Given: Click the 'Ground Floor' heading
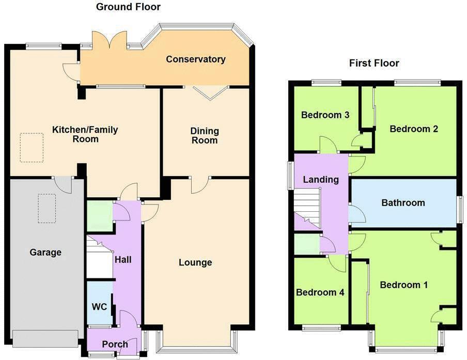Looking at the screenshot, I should [128, 7].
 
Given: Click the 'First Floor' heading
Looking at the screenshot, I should [374, 64].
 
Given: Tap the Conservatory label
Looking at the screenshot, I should [195, 59].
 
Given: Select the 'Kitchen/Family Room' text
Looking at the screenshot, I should [85, 135].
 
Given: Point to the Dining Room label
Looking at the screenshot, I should [205, 135].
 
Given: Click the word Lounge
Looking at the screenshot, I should [195, 262].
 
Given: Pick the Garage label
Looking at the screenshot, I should [45, 253].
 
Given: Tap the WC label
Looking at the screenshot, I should [99, 307].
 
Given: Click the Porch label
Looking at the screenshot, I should [114, 345].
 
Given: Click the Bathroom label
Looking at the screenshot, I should [403, 202].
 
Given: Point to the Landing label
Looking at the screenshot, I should [321, 180].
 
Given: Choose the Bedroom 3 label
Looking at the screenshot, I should [325, 115].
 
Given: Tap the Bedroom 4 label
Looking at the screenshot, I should [320, 292].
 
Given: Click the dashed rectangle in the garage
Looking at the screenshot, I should [46, 208].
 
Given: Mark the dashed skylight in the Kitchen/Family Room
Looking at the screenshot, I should [32, 147].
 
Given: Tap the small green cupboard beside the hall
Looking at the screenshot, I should [99, 216].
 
